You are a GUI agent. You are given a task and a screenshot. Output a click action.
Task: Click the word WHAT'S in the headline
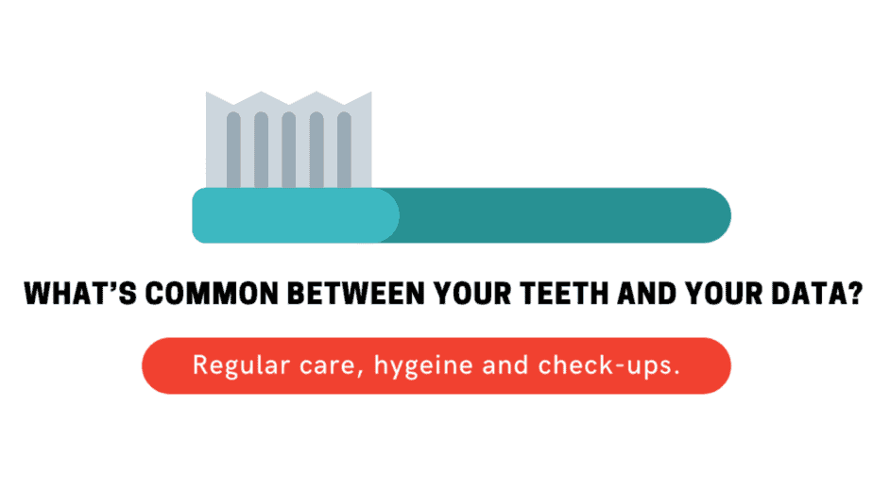point(80,294)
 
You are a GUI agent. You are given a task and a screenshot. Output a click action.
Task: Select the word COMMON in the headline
point(212,294)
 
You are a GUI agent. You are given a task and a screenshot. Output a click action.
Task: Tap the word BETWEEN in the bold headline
point(356,294)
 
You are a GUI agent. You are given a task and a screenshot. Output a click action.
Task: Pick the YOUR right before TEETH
point(472,294)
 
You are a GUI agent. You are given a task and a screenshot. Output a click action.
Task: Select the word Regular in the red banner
point(241,365)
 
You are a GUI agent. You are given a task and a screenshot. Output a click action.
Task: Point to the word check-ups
point(608,366)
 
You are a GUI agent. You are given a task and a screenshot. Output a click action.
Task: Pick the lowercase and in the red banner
point(505,365)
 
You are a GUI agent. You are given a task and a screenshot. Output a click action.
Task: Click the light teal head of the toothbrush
point(295,215)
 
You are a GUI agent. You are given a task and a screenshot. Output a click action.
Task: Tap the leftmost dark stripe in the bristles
point(234,150)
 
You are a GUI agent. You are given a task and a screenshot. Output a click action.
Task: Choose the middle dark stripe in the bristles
point(289,150)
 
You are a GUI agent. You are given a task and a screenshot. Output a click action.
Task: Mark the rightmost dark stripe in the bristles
point(344,150)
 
